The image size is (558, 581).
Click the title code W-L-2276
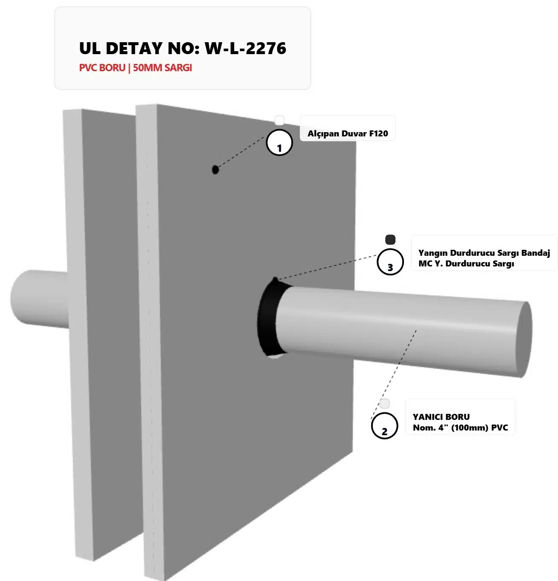245,48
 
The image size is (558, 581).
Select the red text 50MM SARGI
162,68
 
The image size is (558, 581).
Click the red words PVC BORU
102,68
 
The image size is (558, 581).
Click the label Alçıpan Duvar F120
348,133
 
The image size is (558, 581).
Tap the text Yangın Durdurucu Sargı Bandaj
484,253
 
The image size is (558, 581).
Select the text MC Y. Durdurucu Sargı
466,263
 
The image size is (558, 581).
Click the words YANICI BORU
441,417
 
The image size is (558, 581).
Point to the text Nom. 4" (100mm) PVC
460,428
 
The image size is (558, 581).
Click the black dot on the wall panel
215,170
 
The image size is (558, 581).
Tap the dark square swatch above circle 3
390,240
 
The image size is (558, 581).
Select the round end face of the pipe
524,339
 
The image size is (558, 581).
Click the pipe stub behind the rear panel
39,298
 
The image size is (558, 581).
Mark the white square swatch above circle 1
279,120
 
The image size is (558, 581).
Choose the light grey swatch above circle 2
384,404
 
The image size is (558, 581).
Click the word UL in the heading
90,48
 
